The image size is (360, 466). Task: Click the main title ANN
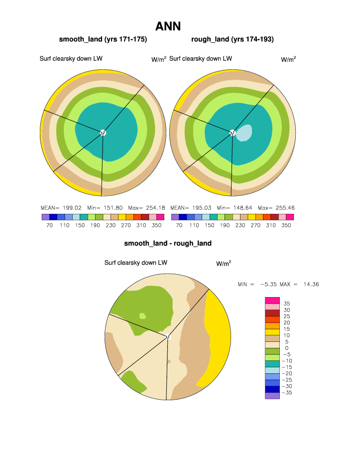click(x=168, y=26)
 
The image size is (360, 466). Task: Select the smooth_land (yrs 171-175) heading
click(x=103, y=39)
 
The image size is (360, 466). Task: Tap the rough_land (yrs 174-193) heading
click(x=232, y=39)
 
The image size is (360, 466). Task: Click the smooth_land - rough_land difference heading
click(x=168, y=244)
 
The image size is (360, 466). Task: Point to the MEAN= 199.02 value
click(x=58, y=207)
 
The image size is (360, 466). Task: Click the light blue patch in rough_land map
click(x=243, y=133)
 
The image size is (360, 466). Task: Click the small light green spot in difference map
click(x=142, y=316)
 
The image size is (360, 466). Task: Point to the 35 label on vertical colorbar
click(x=287, y=304)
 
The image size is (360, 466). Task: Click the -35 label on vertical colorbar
click(x=287, y=393)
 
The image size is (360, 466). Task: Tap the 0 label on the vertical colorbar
click(x=287, y=348)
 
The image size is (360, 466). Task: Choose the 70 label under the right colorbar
click(x=179, y=225)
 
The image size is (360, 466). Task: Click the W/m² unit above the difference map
click(x=224, y=263)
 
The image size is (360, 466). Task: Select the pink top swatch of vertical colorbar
click(x=272, y=300)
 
